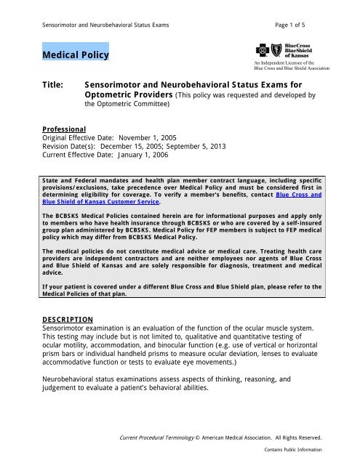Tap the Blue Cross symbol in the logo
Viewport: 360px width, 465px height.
(x=263, y=50)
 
